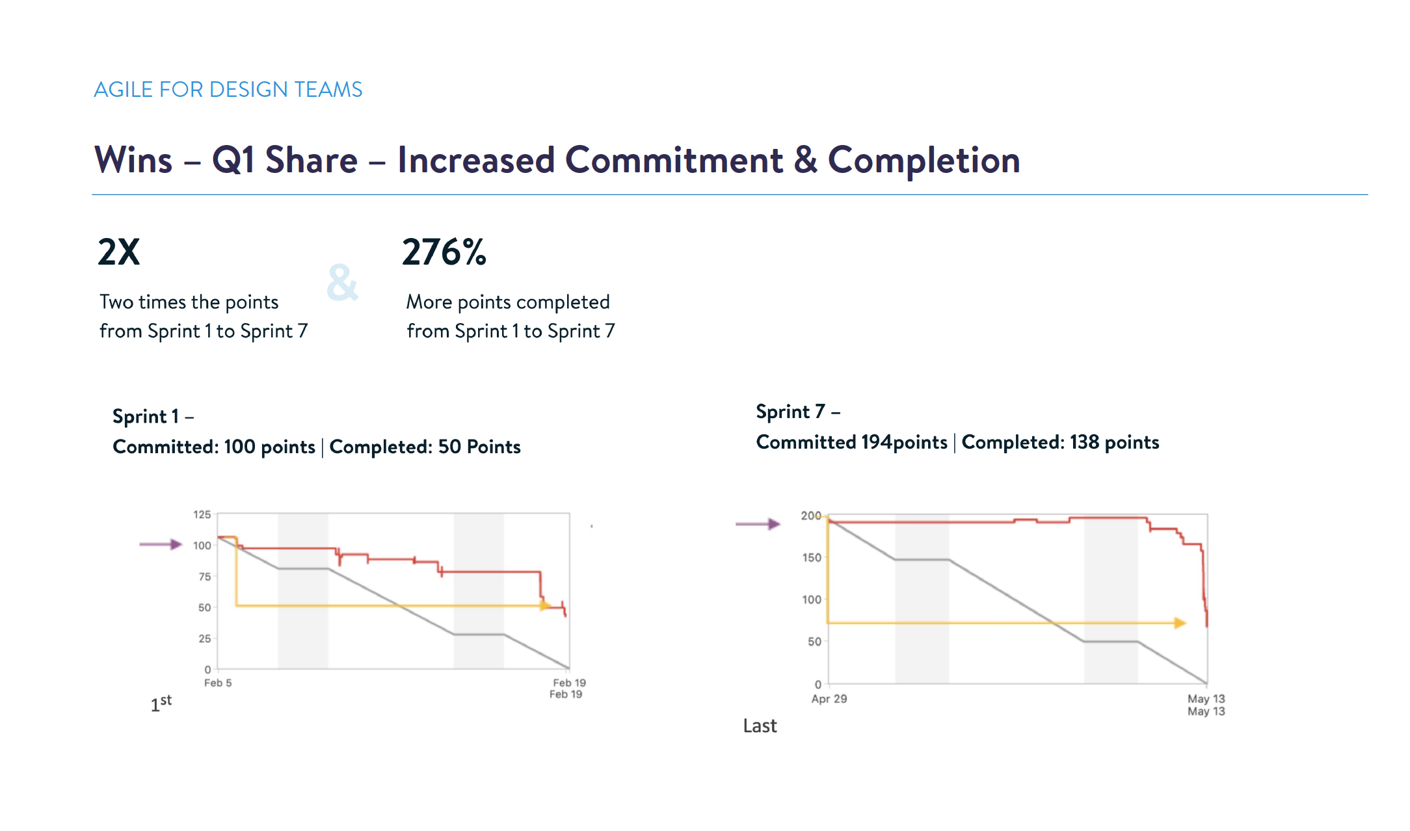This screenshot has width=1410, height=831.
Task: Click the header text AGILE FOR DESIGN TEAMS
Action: (228, 90)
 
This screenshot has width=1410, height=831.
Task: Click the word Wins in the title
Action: (133, 160)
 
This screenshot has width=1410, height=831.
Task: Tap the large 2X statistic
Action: (119, 252)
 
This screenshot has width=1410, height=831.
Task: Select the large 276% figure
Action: (444, 252)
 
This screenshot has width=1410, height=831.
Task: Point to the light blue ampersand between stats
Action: (342, 283)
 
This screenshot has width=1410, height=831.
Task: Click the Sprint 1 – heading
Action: (153, 416)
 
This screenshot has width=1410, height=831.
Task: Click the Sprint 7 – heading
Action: (797, 412)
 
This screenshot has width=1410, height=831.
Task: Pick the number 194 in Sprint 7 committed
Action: (876, 442)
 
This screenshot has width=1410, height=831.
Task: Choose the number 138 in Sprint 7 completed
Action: (1084, 442)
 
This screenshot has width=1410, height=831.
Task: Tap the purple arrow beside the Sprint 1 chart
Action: (161, 544)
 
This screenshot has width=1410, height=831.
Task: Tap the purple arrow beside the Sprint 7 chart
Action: (758, 524)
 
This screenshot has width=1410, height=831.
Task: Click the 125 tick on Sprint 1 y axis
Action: (202, 514)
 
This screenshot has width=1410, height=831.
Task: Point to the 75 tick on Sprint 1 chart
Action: (204, 577)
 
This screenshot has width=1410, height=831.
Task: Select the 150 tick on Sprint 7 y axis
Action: (811, 557)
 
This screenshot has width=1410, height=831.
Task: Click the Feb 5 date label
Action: (218, 683)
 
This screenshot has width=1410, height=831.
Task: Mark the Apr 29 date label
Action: (829, 699)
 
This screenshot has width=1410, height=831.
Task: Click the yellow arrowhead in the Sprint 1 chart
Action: (545, 605)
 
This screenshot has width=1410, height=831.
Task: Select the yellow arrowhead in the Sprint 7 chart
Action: (1180, 623)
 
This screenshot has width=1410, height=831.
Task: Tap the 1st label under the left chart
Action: (161, 703)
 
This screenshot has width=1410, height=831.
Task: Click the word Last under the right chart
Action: (760, 726)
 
